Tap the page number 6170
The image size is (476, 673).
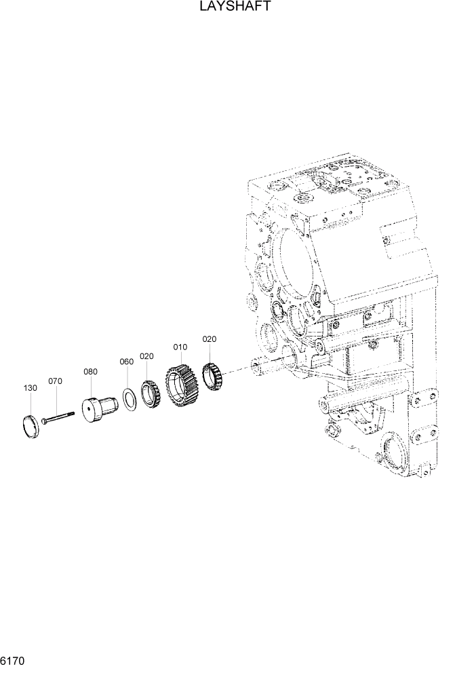pyautogui.click(x=13, y=659)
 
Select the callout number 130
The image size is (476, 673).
pyautogui.click(x=30, y=389)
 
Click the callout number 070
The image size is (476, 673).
pyautogui.click(x=55, y=381)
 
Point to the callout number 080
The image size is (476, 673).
pyautogui.click(x=90, y=372)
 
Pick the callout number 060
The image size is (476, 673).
pyautogui.click(x=126, y=362)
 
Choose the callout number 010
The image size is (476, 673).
pyautogui.click(x=180, y=347)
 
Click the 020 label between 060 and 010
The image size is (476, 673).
pyautogui.click(x=147, y=356)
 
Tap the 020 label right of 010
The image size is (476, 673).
pyautogui.click(x=210, y=339)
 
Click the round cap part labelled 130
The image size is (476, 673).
pyautogui.click(x=31, y=427)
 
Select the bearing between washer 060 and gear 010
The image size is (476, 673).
pyautogui.click(x=150, y=394)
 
